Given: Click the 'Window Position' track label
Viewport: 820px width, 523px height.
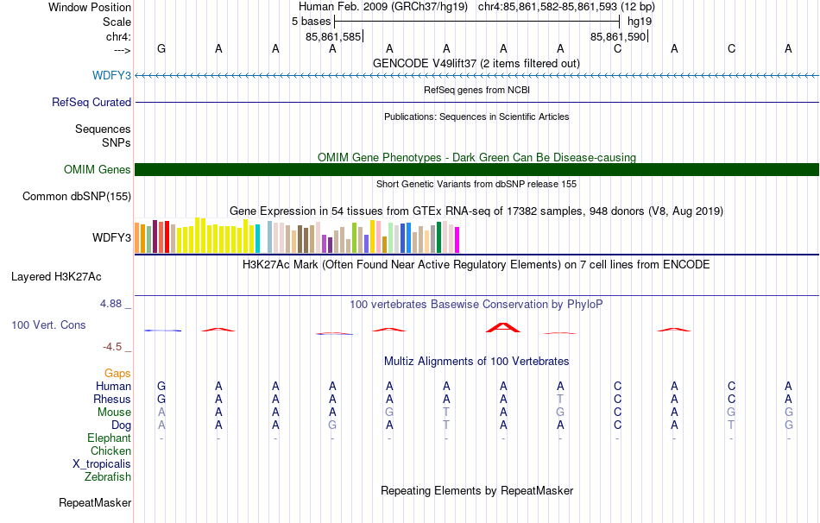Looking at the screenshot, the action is [x=90, y=7].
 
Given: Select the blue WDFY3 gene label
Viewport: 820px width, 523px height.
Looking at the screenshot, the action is [x=111, y=75].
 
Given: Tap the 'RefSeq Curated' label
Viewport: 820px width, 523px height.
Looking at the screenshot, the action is [x=91, y=102].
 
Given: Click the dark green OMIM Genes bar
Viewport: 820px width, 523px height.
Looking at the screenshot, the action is [x=476, y=169].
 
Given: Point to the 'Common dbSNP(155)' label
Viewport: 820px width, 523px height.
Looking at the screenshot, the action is [x=76, y=197].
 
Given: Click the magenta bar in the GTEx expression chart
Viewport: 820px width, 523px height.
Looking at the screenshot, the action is [x=457, y=240].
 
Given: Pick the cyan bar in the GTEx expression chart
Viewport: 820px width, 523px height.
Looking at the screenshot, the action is [x=257, y=238].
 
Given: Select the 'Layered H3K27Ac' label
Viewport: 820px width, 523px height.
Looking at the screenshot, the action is [x=56, y=277].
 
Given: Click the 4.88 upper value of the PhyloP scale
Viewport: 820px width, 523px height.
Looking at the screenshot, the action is [x=110, y=304].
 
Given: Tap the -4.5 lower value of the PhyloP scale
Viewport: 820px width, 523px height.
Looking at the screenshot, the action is [x=112, y=347].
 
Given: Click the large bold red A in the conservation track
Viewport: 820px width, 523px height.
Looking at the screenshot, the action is [x=503, y=327].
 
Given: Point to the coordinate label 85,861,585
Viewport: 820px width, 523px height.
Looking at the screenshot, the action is [x=333, y=36].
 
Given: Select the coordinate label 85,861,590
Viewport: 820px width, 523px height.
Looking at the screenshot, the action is [x=618, y=36].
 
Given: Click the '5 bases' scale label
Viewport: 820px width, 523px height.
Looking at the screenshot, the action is [x=311, y=22].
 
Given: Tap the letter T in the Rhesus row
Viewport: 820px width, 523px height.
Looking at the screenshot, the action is [x=560, y=399].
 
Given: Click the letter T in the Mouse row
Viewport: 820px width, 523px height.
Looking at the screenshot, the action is [x=446, y=413].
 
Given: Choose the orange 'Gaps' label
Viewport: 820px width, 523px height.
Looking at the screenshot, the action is [x=117, y=373].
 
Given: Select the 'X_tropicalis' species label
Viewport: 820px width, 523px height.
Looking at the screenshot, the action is [x=102, y=464].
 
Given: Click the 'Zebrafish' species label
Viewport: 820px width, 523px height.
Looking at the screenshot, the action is [x=108, y=476].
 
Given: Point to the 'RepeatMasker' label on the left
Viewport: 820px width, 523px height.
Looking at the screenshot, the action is [x=95, y=502].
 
